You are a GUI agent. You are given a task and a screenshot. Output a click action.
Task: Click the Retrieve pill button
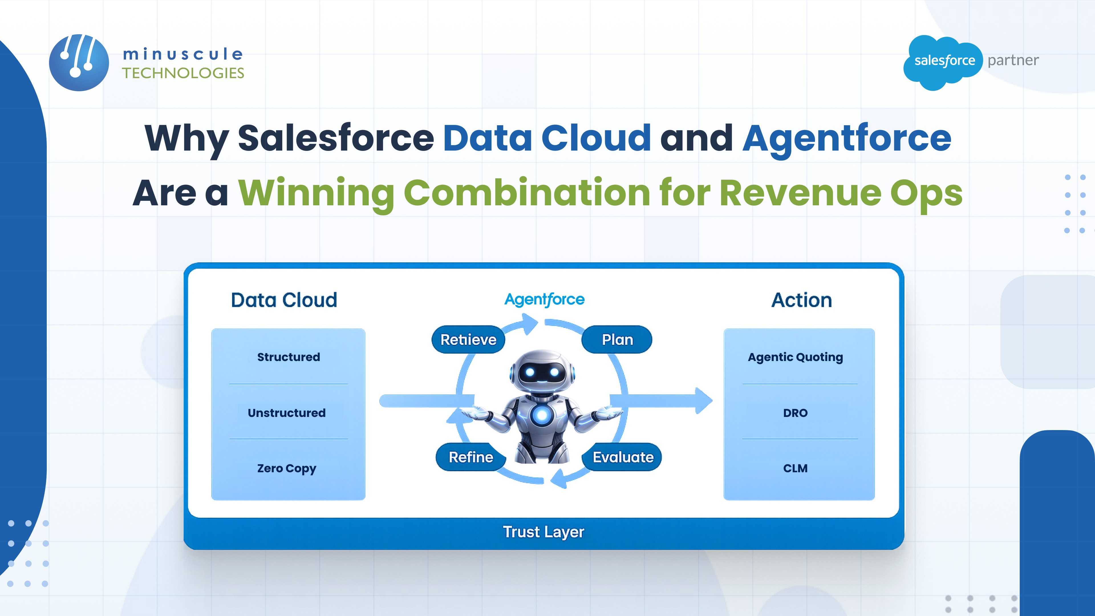(x=468, y=340)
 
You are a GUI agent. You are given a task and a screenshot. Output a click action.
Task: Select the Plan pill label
(x=617, y=340)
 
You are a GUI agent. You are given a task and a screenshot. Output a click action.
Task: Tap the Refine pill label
(x=471, y=457)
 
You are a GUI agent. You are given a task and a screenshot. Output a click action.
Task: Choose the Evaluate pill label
(x=623, y=457)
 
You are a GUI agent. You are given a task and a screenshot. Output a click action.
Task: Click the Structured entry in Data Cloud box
(x=288, y=357)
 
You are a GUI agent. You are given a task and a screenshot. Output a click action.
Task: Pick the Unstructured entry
(x=287, y=413)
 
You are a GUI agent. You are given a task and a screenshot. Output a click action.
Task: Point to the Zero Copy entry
(x=287, y=469)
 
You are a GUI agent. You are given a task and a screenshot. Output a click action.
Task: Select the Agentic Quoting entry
(x=795, y=357)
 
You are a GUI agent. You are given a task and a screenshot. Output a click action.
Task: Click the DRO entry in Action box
(x=795, y=413)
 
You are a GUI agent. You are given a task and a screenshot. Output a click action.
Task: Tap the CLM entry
(x=795, y=469)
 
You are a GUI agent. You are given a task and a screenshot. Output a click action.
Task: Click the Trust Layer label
(x=543, y=532)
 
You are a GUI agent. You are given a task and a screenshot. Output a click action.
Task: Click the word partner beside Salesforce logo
(x=1013, y=60)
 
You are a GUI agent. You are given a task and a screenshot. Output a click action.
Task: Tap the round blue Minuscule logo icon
(x=79, y=63)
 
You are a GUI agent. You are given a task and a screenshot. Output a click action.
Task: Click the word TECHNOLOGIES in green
(x=183, y=73)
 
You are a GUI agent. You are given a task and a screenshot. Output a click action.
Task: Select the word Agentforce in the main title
(x=846, y=138)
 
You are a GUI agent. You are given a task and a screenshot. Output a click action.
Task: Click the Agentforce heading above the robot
(x=544, y=299)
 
